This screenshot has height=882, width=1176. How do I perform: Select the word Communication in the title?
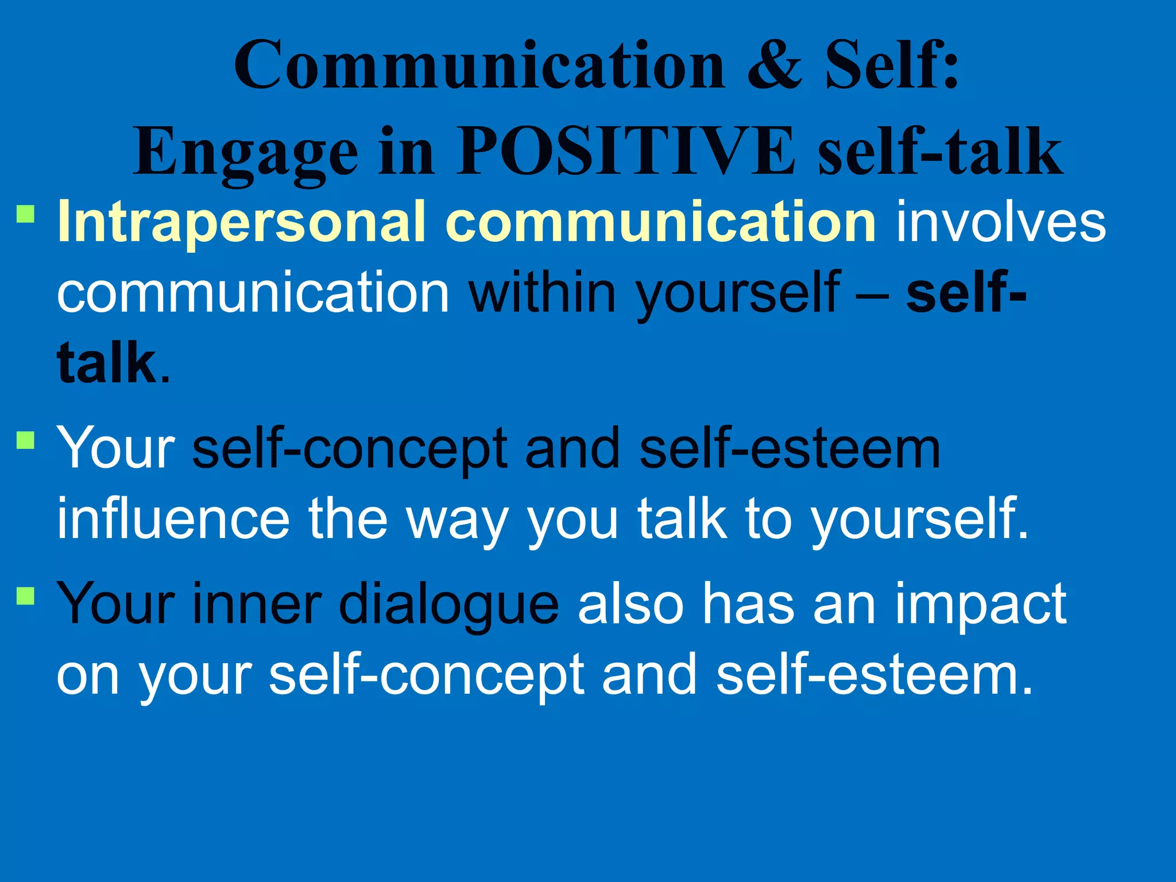click(x=479, y=65)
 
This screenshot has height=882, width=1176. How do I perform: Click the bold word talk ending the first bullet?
click(x=107, y=363)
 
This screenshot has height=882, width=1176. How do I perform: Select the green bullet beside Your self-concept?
click(x=26, y=440)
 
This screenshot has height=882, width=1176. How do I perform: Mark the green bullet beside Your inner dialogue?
click(x=26, y=595)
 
